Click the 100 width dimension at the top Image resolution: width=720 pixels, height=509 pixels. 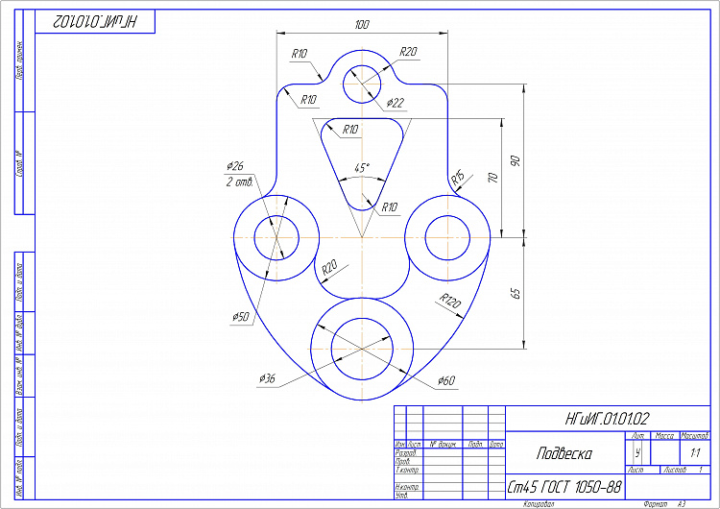click(361, 24)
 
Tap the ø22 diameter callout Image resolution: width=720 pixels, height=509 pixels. click(396, 102)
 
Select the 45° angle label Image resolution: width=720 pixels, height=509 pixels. click(361, 167)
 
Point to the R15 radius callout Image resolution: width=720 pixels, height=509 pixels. click(459, 178)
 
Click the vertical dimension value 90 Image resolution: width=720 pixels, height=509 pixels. click(515, 160)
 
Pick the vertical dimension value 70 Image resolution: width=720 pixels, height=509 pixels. click(492, 179)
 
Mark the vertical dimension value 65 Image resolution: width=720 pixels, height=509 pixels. click(515, 292)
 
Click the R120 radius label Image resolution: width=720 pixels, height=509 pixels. click(449, 302)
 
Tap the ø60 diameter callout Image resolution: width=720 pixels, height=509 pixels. click(445, 381)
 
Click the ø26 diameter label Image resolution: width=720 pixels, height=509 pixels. click(235, 166)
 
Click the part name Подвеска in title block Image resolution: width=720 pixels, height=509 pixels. click(564, 453)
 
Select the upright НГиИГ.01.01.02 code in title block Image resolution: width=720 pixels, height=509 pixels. click(608, 419)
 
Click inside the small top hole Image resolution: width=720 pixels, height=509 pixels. click(362, 82)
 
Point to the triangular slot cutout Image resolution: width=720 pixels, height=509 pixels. click(362, 154)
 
